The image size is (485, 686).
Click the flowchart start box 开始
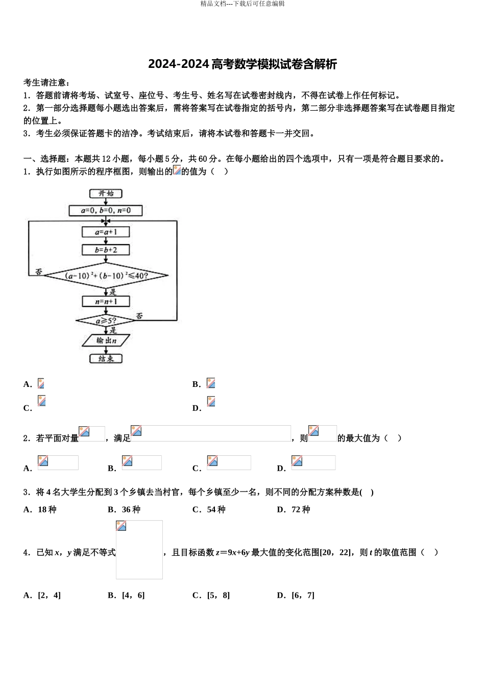[106, 193]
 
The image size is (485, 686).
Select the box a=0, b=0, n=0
[106, 210]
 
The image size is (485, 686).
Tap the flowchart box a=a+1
[106, 232]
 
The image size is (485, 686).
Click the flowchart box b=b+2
[106, 250]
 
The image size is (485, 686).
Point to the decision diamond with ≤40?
[106, 276]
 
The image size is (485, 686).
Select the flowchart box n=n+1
[106, 301]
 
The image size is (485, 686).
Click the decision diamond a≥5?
[106, 321]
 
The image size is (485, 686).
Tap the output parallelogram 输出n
[106, 340]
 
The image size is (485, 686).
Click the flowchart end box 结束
[106, 358]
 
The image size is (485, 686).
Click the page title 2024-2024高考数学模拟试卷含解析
[243, 64]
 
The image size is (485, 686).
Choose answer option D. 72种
[294, 509]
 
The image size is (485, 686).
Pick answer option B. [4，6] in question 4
[126, 595]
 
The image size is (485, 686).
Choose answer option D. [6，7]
[296, 595]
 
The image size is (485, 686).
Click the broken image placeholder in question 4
[139, 550]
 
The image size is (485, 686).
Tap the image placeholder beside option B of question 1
[211, 383]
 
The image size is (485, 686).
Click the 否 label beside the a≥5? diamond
[139, 316]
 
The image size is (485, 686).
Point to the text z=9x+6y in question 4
[232, 552]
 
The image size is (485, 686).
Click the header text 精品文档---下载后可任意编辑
[243, 4]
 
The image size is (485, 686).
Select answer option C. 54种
[209, 509]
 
